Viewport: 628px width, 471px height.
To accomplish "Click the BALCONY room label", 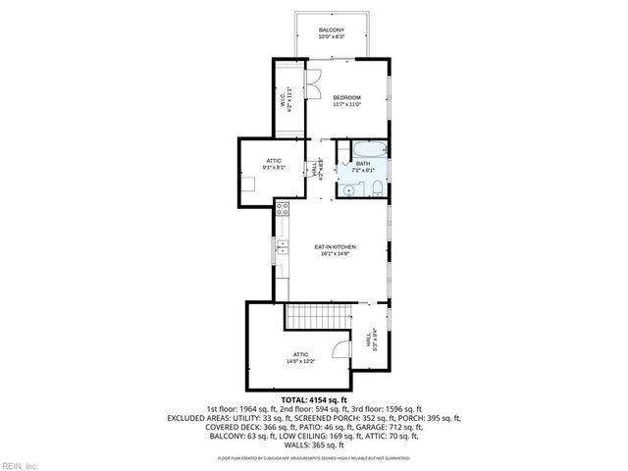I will (331, 32).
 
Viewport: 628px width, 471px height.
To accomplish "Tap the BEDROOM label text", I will (347, 97).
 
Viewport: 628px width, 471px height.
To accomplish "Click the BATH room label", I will (377, 163).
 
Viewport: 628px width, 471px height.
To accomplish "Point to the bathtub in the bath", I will (371, 150).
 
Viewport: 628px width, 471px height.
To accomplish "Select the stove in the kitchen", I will (282, 208).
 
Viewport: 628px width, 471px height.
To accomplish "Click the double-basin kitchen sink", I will (282, 245).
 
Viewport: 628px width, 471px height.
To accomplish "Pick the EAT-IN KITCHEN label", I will (335, 246).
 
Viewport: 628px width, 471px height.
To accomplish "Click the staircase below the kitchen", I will (319, 316).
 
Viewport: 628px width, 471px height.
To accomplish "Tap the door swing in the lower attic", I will (341, 351).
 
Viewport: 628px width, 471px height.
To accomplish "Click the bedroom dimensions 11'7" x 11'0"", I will (347, 104).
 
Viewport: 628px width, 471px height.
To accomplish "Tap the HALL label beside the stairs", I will (368, 339).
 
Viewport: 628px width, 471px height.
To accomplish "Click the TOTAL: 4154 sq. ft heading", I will (314, 400).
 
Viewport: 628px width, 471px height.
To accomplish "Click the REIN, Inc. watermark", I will (19, 464).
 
